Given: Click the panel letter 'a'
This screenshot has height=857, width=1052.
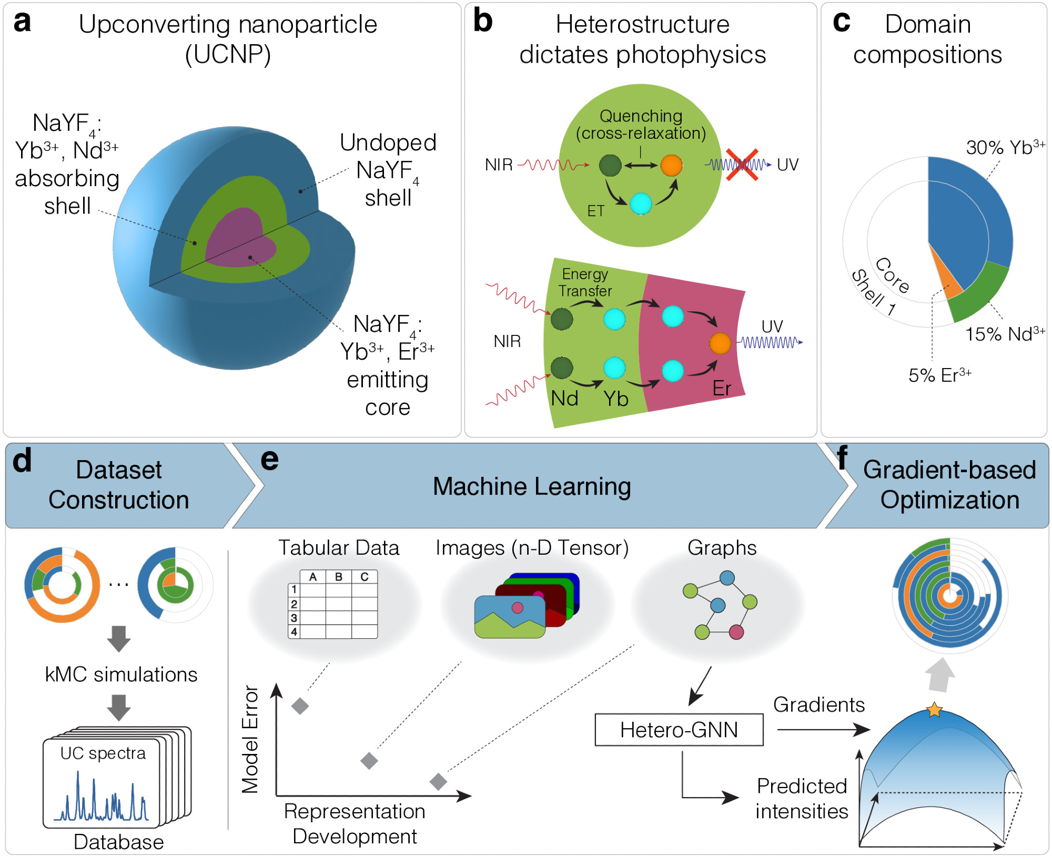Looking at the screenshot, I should click(22, 23).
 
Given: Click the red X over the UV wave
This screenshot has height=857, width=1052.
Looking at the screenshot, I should click(742, 165).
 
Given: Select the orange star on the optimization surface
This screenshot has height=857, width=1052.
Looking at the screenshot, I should click(934, 710).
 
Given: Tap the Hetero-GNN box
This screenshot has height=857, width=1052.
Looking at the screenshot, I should click(679, 730).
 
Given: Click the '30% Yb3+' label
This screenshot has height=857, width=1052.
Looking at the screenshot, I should click(1005, 148).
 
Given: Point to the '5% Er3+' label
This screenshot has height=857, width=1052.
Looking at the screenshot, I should click(939, 375).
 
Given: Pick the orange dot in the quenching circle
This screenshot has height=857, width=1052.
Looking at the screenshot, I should click(671, 165).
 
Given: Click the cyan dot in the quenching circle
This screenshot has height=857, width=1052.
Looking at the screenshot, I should click(641, 204).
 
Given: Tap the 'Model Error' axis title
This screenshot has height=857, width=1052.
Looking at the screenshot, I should click(250, 739).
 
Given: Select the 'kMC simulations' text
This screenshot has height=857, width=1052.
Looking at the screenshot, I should click(121, 675).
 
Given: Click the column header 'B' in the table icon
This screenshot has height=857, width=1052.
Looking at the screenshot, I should click(339, 577).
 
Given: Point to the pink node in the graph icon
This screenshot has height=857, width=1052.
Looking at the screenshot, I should click(736, 631).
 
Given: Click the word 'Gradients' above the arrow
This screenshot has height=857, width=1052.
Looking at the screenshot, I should click(818, 705).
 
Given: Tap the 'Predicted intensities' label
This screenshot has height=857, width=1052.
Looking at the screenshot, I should click(802, 798).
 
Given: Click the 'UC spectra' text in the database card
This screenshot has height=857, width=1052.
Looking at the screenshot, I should click(103, 753).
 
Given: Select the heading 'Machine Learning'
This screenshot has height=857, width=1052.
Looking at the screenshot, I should click(531, 486).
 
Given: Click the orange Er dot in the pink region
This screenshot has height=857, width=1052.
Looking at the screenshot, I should click(720, 343).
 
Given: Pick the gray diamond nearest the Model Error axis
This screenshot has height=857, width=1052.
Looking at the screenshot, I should click(300, 706).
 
